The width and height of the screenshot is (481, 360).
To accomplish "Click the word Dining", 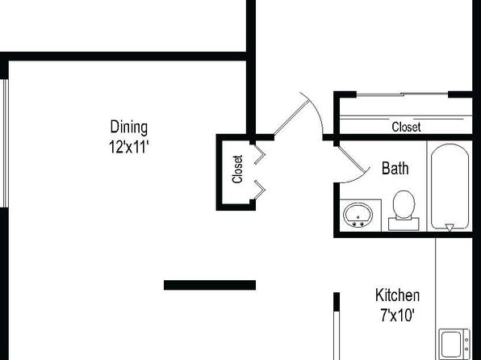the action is coord(129,127).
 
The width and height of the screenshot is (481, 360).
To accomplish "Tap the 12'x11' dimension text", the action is coord(129,147).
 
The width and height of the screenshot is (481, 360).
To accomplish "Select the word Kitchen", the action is coord(398,295).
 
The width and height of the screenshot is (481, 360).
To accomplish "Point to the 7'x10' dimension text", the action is coord(398,315).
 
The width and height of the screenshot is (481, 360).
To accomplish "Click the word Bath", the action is coord(395,168).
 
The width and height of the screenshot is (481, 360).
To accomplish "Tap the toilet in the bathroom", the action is coord(404,210).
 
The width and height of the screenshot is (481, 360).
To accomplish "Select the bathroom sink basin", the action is coord(358,215).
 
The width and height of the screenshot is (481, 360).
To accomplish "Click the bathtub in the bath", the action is coord(450,186).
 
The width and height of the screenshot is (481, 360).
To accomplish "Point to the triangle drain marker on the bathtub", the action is coord(450,228).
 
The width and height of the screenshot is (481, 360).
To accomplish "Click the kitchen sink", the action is coord(454,344).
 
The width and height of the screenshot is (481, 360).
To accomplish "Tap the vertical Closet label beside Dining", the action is coord(238,170).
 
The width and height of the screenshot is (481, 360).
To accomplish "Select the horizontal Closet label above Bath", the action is coord(406,127).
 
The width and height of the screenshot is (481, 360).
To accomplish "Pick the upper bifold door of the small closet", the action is coord(260,154).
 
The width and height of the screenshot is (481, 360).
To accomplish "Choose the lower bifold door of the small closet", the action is coord(260,190).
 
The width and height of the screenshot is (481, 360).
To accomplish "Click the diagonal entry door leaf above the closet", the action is coord(291,118).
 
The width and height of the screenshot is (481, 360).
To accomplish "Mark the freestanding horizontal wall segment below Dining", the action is coord(210,285).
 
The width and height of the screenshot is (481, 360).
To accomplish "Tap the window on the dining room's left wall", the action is coord(4,144).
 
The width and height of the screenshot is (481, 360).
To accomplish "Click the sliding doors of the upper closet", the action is coord(402,94).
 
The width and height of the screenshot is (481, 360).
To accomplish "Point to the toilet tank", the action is coord(404,224).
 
